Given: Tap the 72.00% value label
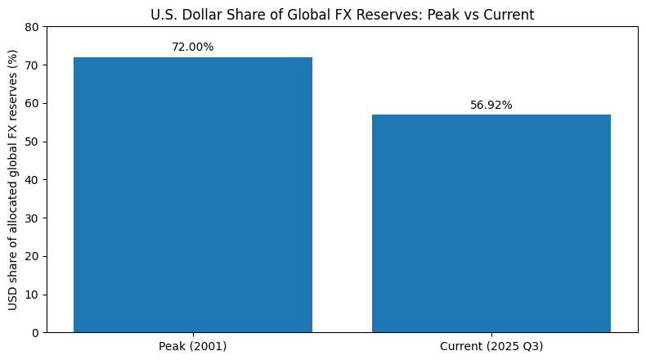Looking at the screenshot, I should pos(193,47).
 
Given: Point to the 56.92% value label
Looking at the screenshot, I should pos(491,105).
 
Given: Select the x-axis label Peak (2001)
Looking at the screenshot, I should pos(193,346).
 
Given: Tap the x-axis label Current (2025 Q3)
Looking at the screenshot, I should pos(491,346).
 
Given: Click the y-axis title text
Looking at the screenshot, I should pos(13,180).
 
